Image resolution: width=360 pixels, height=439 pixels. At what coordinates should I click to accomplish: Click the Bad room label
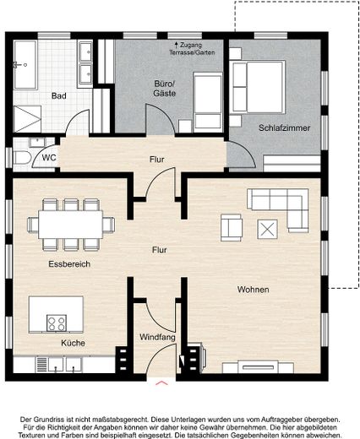click(x=59, y=96)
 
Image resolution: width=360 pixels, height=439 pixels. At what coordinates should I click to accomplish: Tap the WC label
click(x=49, y=158)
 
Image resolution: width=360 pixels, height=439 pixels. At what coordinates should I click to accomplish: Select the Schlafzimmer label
click(x=284, y=127)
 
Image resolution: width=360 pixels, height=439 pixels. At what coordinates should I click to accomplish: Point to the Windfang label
click(x=157, y=337)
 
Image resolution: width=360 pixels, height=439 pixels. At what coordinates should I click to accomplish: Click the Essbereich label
click(x=69, y=264)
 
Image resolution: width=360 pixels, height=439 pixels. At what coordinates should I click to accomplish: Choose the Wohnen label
click(x=253, y=290)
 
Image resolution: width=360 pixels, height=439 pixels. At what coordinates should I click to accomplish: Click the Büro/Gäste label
click(x=165, y=89)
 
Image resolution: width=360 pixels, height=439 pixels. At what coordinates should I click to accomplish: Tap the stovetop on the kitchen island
click(x=57, y=323)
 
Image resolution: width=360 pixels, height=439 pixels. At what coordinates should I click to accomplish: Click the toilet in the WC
click(x=22, y=158)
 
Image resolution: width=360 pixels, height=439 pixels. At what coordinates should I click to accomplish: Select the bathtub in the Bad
click(x=25, y=65)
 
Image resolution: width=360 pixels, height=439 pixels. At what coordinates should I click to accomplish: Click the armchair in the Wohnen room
click(x=232, y=228)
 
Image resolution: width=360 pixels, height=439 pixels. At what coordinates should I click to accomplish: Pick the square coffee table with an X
click(x=267, y=230)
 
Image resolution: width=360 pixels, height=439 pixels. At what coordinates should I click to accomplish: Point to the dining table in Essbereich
click(x=71, y=225)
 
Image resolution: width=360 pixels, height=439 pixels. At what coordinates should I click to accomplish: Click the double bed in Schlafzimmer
click(x=257, y=87)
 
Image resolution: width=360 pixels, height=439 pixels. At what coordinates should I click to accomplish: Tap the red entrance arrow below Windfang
click(x=161, y=382)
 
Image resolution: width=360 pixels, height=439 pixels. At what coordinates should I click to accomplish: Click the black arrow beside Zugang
click(x=177, y=45)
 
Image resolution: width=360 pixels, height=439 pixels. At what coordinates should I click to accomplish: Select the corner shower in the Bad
click(x=27, y=119)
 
